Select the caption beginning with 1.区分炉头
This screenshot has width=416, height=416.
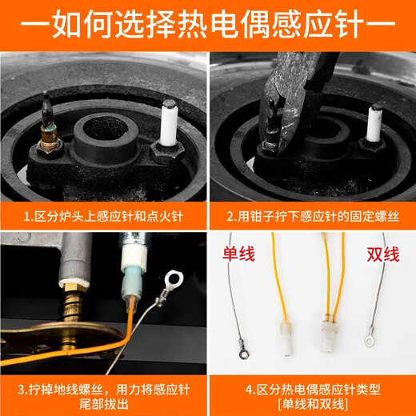tap(103, 216)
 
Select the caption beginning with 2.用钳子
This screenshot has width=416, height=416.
tap(312, 216)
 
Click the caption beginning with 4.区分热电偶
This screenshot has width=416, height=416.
tap(312, 389)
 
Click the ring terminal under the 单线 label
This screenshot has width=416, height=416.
tap(237, 349)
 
